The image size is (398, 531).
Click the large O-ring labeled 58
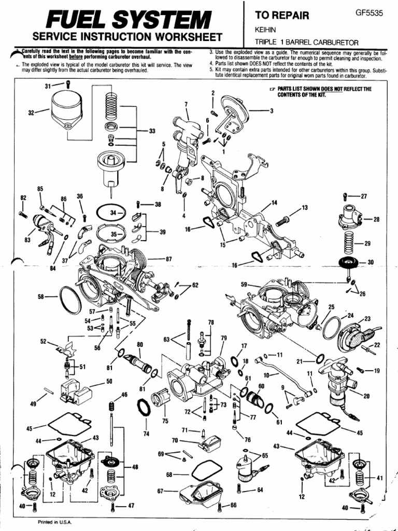pyautogui.click(x=70, y=299)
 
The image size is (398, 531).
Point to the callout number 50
pyautogui.click(x=109, y=381)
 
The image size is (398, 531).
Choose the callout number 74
pyautogui.click(x=146, y=434)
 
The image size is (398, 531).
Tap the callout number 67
pyautogui.click(x=160, y=491)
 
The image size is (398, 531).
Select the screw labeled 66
pyautogui.click(x=221, y=506)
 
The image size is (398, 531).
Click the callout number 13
pyautogui.click(x=305, y=207)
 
